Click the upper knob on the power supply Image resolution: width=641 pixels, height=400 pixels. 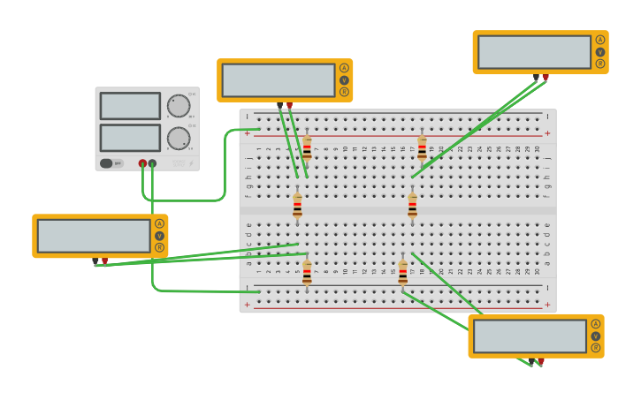click(179, 106)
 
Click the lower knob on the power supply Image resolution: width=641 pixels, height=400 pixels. click(179, 139)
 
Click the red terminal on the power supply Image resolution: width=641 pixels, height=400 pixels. click(142, 163)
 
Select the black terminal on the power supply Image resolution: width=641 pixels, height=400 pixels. click(153, 163)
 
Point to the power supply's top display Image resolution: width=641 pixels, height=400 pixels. click(130, 106)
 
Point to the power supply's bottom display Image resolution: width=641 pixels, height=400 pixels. click(130, 138)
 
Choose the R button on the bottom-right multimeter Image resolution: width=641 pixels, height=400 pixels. click(596, 349)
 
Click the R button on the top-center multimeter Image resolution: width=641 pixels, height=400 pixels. click(344, 92)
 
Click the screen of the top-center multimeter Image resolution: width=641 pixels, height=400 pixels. click(279, 80)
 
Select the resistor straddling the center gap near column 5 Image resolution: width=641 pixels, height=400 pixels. click(297, 207)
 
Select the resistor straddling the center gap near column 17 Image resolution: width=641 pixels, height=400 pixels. click(412, 207)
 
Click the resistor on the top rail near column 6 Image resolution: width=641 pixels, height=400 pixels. click(307, 147)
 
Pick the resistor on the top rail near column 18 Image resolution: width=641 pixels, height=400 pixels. click(422, 147)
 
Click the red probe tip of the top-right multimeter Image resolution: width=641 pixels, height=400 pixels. click(546, 78)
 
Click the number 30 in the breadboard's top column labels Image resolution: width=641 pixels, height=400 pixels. click(537, 149)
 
